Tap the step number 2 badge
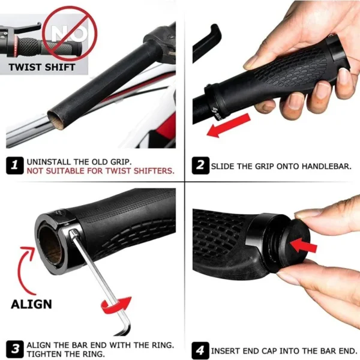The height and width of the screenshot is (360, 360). tap(200, 165)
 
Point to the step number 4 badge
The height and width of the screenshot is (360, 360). tap(200, 349)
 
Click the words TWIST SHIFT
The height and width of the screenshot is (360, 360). tap(42, 67)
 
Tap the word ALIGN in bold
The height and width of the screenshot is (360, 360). tap(31, 304)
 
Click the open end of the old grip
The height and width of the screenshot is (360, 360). tap(57, 116)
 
